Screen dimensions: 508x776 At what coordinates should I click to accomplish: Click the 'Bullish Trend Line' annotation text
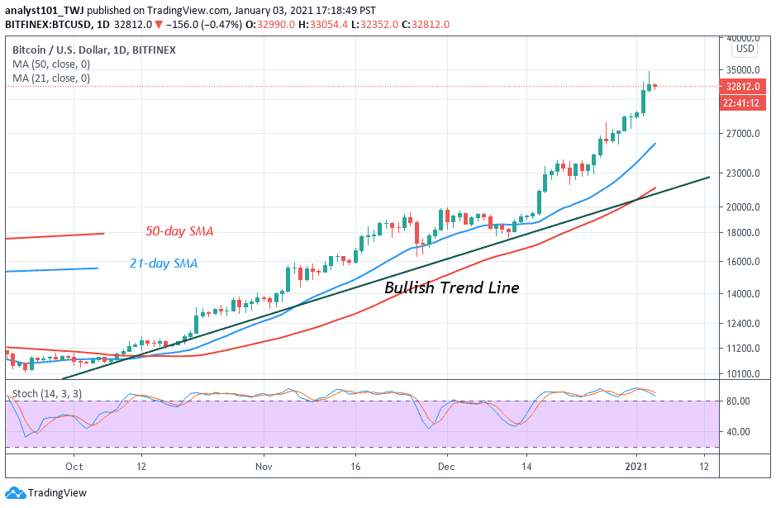click(451, 288)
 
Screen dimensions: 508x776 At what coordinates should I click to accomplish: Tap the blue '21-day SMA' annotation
click(163, 263)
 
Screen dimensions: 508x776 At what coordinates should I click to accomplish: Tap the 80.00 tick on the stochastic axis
click(738, 401)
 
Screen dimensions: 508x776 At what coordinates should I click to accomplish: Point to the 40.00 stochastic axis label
click(738, 431)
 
